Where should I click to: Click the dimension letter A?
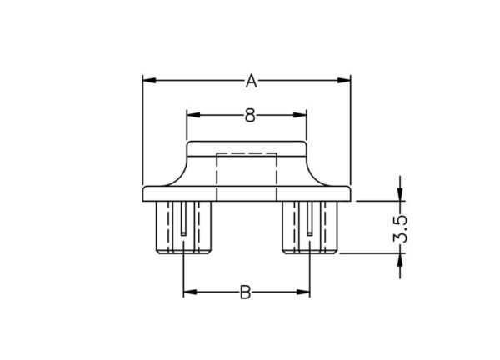click(x=252, y=81)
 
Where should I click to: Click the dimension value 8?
click(x=250, y=115)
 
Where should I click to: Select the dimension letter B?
click(x=245, y=292)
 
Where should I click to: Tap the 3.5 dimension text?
click(x=400, y=228)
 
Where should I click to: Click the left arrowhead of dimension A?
click(x=149, y=80)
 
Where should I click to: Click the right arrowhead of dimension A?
click(x=343, y=80)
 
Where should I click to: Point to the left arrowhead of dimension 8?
click(x=193, y=115)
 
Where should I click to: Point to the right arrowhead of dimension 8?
click(x=300, y=115)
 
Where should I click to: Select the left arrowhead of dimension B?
click(x=190, y=292)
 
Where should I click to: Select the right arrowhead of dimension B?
click(x=303, y=292)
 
